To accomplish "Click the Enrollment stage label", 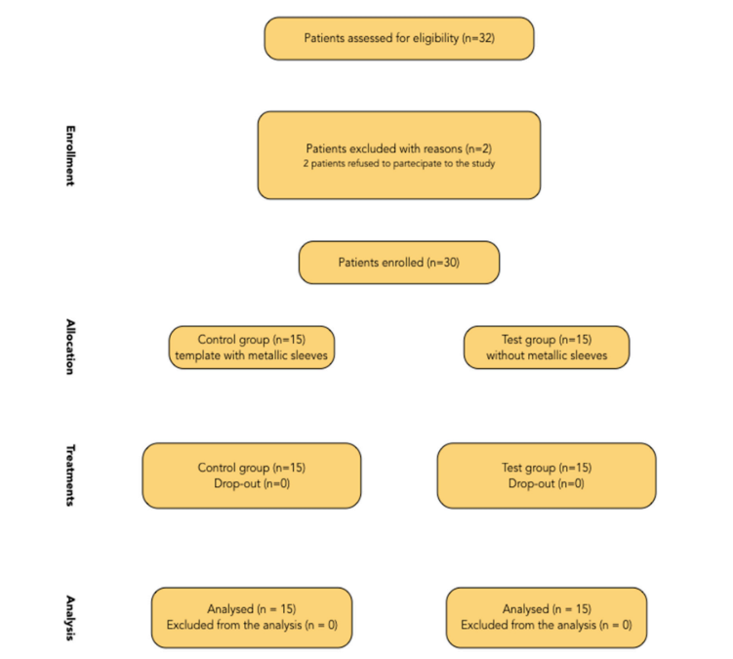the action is [x=70, y=156].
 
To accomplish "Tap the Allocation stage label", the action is [x=70, y=347].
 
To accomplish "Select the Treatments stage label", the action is [x=70, y=475].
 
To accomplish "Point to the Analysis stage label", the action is [x=70, y=618].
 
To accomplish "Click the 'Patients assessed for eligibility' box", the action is [x=399, y=38].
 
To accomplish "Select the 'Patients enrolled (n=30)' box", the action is [x=399, y=263].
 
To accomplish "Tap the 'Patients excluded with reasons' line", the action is [x=399, y=148].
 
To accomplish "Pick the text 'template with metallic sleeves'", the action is [x=252, y=355].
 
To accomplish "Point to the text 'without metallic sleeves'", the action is [x=547, y=355].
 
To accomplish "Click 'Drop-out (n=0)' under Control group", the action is [x=252, y=483].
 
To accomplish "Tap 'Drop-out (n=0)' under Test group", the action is [x=547, y=483].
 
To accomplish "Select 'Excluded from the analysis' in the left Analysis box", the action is [x=234, y=625].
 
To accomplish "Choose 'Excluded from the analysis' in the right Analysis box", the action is [x=529, y=625].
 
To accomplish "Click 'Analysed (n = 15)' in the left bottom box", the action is [x=252, y=609].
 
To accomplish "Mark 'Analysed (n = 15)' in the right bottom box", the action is [x=547, y=609].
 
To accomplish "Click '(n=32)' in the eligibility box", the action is [x=478, y=38].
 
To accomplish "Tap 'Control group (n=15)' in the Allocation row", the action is [x=252, y=340].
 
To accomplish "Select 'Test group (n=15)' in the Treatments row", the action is [x=547, y=468].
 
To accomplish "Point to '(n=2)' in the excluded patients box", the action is [x=478, y=148].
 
